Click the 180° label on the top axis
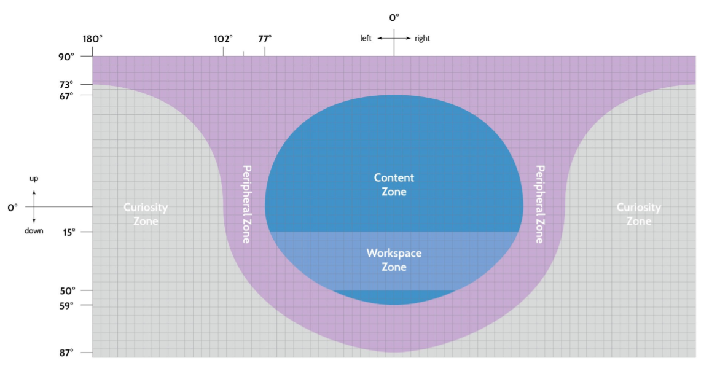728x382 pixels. point(93,39)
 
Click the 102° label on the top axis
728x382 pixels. point(223,39)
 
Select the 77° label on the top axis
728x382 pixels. point(265,39)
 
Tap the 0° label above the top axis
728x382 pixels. point(394,18)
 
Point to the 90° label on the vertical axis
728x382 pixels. point(67,56)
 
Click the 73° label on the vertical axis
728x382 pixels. point(66,84)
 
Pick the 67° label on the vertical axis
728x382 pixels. point(66,95)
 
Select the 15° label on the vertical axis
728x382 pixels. point(68,232)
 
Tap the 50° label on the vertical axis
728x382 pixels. point(67,290)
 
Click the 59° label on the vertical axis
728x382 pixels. point(67,305)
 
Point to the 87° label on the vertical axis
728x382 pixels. point(66,353)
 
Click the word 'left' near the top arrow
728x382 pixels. point(366,38)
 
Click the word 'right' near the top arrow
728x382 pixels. point(422,38)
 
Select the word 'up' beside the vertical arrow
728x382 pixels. point(34,179)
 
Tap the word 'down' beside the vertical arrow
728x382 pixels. point(34,232)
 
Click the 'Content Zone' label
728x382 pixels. point(394,184)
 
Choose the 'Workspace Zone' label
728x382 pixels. point(394,260)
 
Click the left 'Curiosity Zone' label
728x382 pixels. point(146,214)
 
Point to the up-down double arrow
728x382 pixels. point(34,205)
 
